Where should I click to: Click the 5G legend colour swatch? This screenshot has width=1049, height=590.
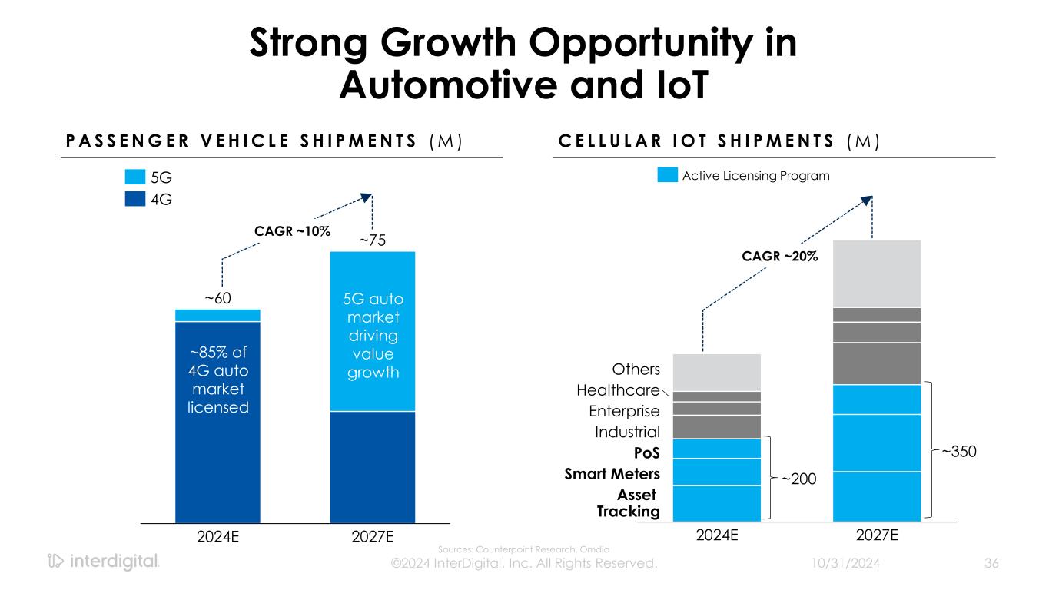point(134,177)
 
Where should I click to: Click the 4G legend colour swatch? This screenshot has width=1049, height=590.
point(134,200)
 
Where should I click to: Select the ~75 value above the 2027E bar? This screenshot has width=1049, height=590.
point(373,240)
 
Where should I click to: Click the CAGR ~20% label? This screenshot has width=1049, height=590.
point(780,257)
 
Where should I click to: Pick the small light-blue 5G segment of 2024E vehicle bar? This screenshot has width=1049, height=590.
point(218,315)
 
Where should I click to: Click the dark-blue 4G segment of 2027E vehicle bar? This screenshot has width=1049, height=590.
point(373,467)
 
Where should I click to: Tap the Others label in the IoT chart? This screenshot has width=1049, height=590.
point(636,370)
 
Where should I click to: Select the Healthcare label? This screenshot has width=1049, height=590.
point(618,391)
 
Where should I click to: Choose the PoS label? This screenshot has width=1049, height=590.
point(646,453)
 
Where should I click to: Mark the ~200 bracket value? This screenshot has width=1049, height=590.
point(799,479)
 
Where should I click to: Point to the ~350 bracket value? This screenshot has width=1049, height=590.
point(959,452)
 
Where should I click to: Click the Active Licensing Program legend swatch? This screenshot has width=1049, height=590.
point(668,176)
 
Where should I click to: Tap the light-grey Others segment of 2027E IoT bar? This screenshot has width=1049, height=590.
point(876,273)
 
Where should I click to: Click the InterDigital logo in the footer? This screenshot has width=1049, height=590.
point(103,562)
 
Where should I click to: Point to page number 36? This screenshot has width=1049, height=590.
point(991,564)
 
